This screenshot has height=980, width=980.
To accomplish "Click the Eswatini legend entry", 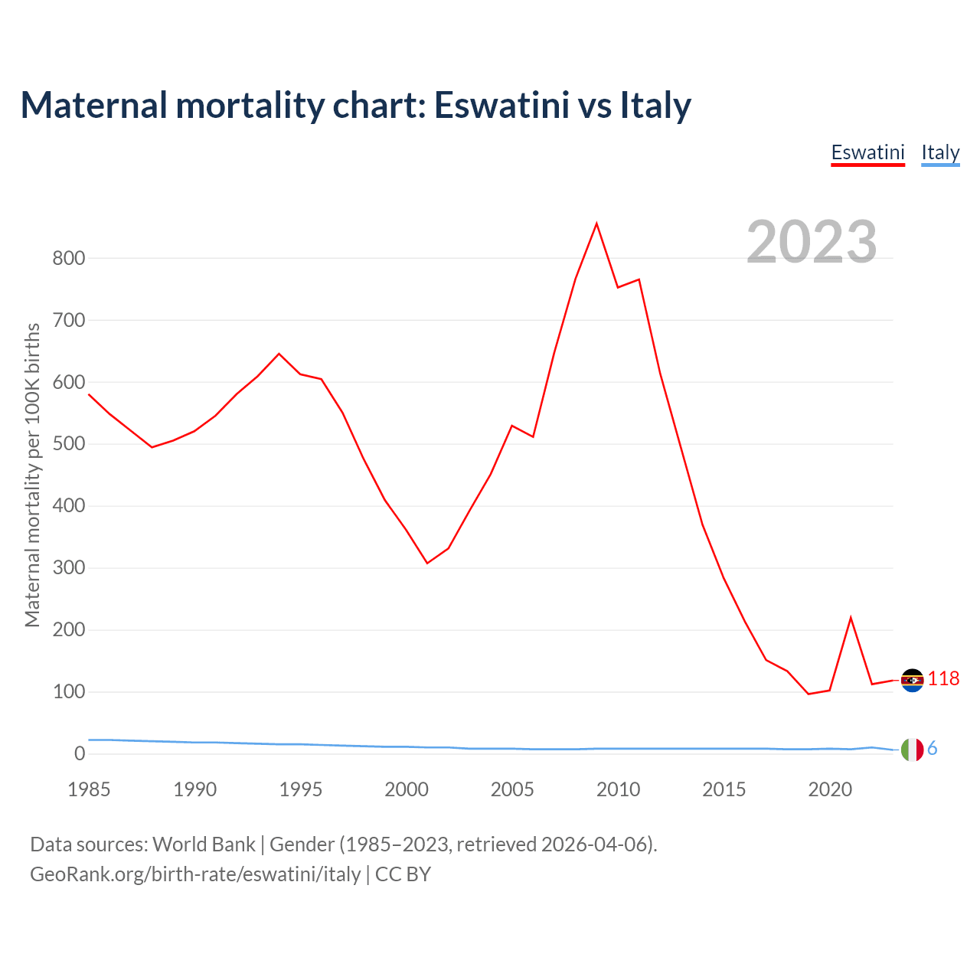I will tap(867, 152).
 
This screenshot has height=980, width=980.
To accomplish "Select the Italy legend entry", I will tap(940, 152).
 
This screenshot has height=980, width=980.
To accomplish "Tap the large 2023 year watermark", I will tap(812, 242).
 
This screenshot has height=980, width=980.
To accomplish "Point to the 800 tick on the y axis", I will tap(68, 258).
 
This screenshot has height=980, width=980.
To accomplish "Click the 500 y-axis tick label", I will tap(68, 444).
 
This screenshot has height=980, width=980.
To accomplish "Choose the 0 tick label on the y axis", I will tap(80, 754).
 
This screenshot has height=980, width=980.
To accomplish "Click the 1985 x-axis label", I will tap(89, 789).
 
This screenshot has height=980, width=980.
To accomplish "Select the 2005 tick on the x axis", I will tap(512, 789).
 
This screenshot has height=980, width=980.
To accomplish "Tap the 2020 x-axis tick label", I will tap(830, 789).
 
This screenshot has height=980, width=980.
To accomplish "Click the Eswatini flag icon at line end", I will tap(913, 680).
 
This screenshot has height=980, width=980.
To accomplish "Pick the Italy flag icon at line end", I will tap(913, 750).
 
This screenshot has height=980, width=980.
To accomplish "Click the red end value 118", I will tap(943, 679).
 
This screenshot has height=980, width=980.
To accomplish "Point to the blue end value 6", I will tap(933, 749).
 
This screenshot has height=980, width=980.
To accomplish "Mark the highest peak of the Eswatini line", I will tap(596, 224).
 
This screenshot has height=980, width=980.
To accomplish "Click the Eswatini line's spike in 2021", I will tap(851, 618).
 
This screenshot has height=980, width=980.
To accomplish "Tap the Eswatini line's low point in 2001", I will tap(427, 563).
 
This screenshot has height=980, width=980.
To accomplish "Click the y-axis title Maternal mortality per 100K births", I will tap(32, 475).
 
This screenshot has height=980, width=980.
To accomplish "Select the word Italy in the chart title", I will tap(655, 105).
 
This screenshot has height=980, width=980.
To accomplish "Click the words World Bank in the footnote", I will tap(204, 844).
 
